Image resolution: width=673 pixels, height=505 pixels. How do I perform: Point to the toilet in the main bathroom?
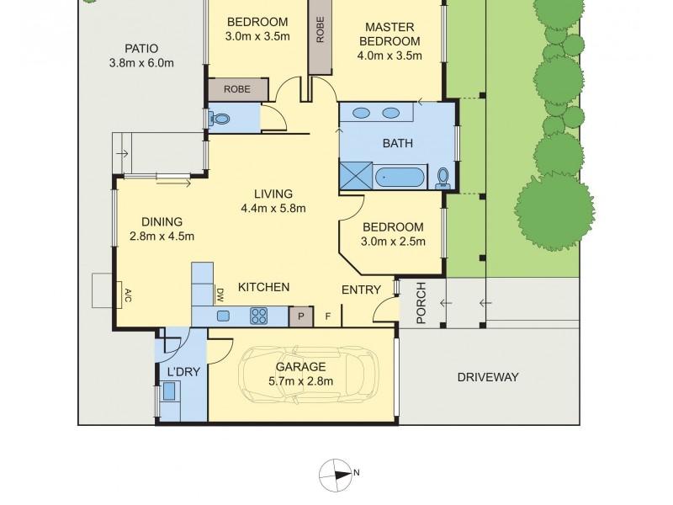click(443, 176)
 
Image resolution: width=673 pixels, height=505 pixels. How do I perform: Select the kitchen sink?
click(224, 316)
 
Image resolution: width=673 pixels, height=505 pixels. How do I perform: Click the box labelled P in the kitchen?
click(299, 316)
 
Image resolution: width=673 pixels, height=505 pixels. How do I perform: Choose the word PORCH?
click(421, 303)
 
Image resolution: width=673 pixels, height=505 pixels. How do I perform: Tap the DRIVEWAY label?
click(488, 377)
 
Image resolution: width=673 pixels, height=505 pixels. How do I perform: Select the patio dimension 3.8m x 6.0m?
click(140, 63)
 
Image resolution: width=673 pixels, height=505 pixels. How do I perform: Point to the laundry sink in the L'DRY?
click(170, 391)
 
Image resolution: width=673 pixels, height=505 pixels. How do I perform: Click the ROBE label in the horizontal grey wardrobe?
click(237, 88)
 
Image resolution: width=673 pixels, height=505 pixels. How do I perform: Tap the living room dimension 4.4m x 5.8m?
click(273, 209)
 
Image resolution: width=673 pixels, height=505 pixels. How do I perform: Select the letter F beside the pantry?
click(328, 316)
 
